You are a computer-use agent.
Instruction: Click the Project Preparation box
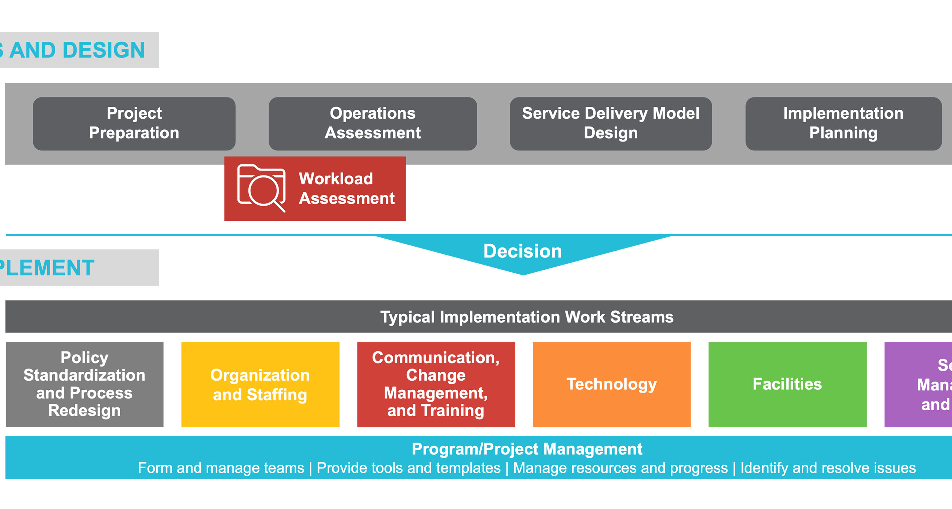[x=134, y=124]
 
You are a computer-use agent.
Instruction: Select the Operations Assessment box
[x=373, y=124]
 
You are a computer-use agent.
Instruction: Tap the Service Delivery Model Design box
[x=611, y=124]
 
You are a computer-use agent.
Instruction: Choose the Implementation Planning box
[x=843, y=124]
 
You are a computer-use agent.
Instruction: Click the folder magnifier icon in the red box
[x=261, y=188]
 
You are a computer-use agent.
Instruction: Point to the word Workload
[x=336, y=179]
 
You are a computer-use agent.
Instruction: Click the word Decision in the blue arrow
[x=523, y=251]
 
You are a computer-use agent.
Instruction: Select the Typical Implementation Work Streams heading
[x=527, y=317]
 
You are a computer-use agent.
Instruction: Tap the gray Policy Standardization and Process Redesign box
[x=85, y=384]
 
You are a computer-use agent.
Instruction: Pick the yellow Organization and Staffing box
[x=260, y=384]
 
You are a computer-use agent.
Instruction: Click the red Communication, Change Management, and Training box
[x=436, y=384]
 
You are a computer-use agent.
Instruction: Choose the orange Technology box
[x=612, y=384]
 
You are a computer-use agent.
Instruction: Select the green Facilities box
[x=787, y=384]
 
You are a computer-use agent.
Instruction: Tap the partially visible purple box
[x=920, y=384]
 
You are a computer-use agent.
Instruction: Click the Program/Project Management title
[x=527, y=449]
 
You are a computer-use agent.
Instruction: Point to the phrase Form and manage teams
[x=221, y=468]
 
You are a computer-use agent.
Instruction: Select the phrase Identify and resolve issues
[x=828, y=468]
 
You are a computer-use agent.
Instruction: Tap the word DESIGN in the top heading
[x=103, y=50]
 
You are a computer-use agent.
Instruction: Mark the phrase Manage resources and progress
[x=620, y=468]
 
